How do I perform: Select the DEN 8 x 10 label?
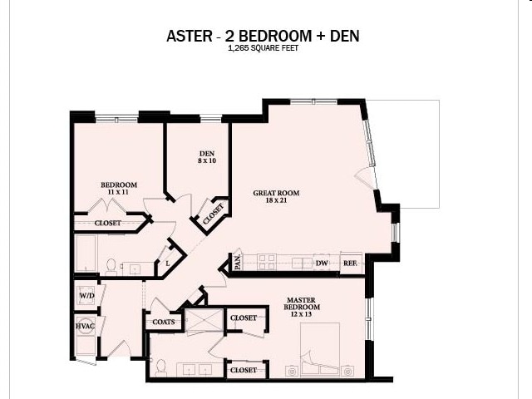pyautogui.click(x=207, y=157)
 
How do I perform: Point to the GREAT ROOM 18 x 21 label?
pyautogui.click(x=276, y=197)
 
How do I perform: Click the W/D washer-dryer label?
pyautogui.click(x=86, y=295)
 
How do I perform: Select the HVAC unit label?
pyautogui.click(x=85, y=327)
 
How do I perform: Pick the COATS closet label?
pyautogui.click(x=161, y=322)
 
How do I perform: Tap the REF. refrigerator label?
pyautogui.click(x=350, y=263)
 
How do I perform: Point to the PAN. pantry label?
pyautogui.click(x=237, y=263)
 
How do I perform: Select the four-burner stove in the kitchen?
pyautogui.click(x=266, y=262)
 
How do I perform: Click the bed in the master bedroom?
pyautogui.click(x=320, y=349)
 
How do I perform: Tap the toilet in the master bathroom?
pyautogui.click(x=162, y=367)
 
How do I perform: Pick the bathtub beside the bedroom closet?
pyautogui.click(x=87, y=254)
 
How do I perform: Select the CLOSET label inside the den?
pyautogui.click(x=214, y=214)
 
